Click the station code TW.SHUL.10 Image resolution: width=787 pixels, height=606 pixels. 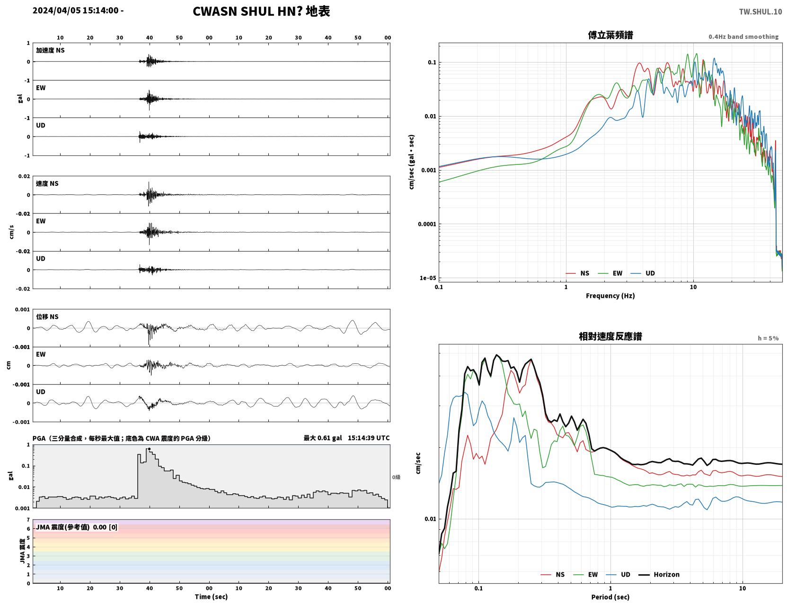(760, 11)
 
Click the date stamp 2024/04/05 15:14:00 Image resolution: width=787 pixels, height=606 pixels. (76, 10)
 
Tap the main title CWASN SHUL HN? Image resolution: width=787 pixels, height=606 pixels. (248, 11)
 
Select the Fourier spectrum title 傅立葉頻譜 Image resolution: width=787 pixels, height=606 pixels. (610, 35)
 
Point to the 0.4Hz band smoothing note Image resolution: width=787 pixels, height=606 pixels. (743, 36)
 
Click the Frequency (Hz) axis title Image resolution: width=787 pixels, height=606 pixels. (610, 296)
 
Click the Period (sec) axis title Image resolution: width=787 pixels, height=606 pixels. (610, 597)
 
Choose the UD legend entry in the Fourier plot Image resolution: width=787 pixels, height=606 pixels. (643, 273)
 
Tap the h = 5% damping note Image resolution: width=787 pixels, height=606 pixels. (768, 338)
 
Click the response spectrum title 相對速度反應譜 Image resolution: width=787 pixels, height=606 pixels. (610, 336)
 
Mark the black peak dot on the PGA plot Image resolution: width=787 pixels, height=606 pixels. (149, 449)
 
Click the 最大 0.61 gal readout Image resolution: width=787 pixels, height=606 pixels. (323, 438)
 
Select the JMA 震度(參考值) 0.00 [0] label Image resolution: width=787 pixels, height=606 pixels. (77, 527)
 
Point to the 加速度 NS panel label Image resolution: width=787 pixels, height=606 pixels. (50, 50)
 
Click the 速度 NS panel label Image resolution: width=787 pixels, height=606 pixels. (47, 183)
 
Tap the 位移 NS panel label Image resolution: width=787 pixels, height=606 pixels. (47, 317)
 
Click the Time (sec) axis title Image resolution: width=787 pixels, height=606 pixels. (211, 597)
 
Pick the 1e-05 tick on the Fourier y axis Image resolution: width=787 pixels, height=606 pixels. (428, 278)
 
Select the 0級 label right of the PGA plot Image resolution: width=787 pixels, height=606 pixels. (396, 477)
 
